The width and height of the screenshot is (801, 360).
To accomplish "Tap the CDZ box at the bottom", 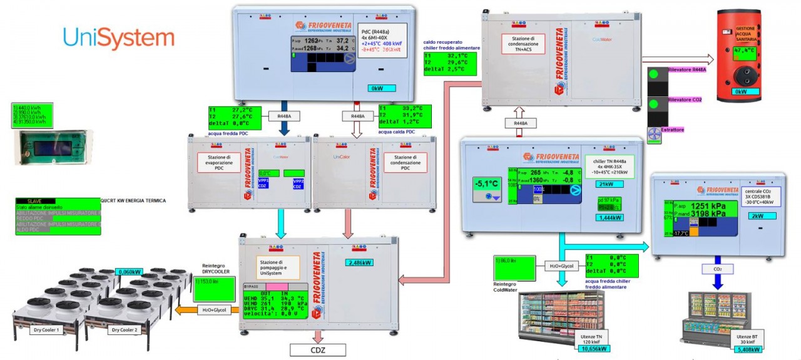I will [x=318, y=349].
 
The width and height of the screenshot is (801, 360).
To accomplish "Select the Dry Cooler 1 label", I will [x=49, y=329].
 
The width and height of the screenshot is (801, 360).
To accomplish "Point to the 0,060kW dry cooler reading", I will [x=130, y=272].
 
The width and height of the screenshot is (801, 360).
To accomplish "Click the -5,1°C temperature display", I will [x=487, y=184].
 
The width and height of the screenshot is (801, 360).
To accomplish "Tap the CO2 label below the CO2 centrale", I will [x=718, y=269].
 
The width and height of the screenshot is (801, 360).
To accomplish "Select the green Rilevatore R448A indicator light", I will [x=655, y=74].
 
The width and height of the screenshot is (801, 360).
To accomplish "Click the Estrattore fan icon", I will [x=654, y=134].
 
